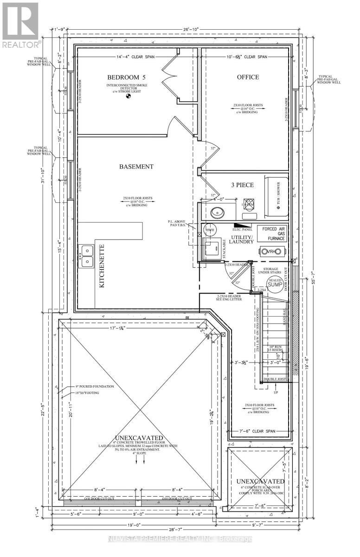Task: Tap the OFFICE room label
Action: tap(247, 77)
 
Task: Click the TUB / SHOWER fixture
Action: tap(276, 195)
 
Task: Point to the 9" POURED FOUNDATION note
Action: tap(94, 386)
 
